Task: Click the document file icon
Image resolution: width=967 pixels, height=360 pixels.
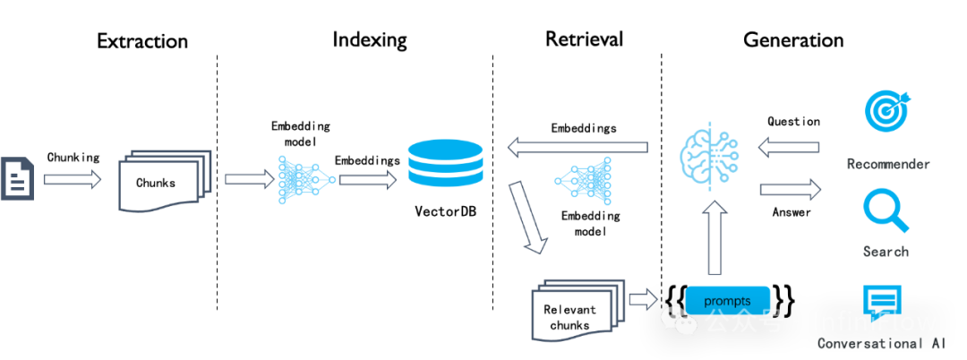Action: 16,178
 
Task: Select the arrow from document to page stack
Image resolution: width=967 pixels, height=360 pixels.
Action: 73,179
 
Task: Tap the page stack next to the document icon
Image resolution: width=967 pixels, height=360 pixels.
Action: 165,180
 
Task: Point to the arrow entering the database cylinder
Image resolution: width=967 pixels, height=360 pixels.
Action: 367,179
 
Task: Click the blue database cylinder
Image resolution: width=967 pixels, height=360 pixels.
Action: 445,163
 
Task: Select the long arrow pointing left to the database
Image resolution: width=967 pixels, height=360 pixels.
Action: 577,146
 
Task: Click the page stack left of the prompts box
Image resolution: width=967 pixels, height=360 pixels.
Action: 578,310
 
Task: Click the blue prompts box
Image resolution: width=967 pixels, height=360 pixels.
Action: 727,300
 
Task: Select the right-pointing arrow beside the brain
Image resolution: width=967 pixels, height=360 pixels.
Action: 790,189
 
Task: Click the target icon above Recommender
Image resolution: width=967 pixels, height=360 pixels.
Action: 886,109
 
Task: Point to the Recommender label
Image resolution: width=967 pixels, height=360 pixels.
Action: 887,164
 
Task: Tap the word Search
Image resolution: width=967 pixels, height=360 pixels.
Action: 886,252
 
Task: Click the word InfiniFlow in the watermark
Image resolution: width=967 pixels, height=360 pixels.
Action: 874,321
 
